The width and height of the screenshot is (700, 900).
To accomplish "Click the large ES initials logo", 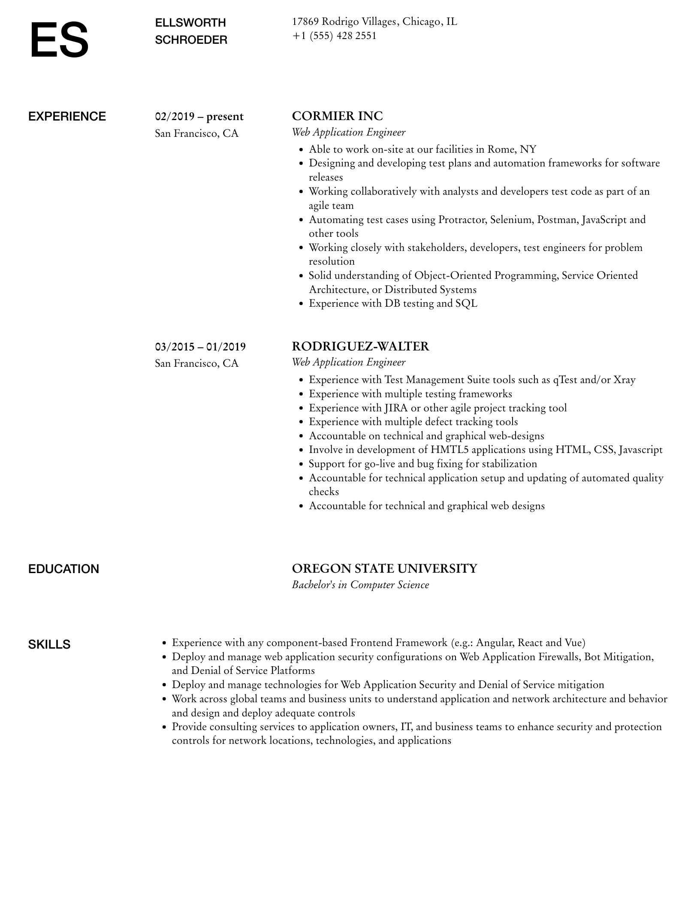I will point(59,40).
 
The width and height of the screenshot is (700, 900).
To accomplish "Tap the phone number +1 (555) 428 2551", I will point(334,36).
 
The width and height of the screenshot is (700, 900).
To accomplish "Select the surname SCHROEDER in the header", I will point(191,40).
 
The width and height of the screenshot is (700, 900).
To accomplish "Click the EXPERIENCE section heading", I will point(67,116).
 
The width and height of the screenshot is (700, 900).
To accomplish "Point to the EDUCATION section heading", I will point(63,569).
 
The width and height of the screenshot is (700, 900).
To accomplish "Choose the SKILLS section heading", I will point(49,644).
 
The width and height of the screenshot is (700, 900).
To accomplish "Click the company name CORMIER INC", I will point(337,116).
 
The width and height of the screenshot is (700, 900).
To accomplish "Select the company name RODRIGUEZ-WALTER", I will point(360,346).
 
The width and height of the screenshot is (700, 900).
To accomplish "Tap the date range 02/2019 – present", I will point(199,116).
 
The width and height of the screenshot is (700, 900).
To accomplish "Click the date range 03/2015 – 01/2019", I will point(200,347).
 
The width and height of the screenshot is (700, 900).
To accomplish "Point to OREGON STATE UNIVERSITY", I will point(384,568).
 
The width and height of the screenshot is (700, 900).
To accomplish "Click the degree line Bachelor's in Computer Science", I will point(360,585).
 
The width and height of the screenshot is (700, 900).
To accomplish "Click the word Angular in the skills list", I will point(495,643).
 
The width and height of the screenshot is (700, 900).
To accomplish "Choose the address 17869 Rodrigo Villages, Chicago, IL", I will point(374,21).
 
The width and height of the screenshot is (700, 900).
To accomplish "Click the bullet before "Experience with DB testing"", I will point(301,304).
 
